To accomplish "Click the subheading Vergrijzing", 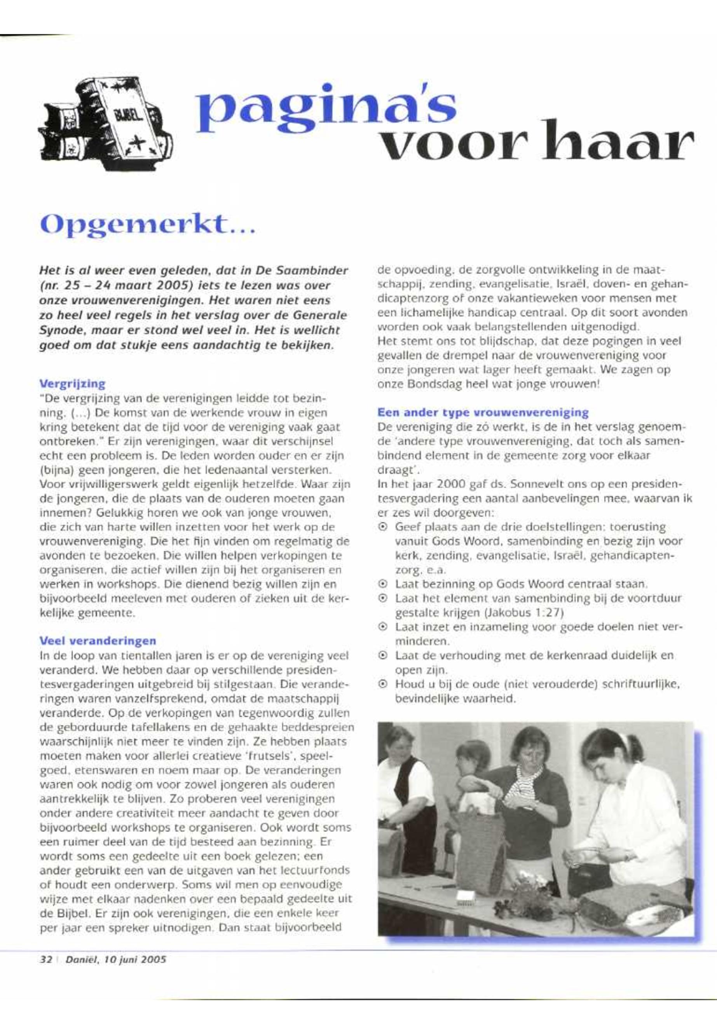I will pos(72,384).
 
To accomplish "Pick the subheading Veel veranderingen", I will pos(98,640).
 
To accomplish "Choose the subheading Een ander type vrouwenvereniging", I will pos(483,412).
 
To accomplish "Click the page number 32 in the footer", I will pos(46,959).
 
